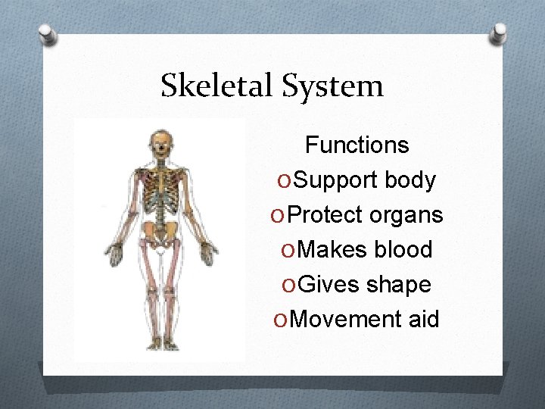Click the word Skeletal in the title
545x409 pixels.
[218, 86]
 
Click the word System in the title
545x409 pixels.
[333, 87]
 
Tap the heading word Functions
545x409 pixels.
[357, 145]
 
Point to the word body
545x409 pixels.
[410, 180]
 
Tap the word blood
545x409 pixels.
[408, 250]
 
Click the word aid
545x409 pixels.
[423, 319]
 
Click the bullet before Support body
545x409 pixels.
[284, 181]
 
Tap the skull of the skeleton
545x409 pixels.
[161, 142]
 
